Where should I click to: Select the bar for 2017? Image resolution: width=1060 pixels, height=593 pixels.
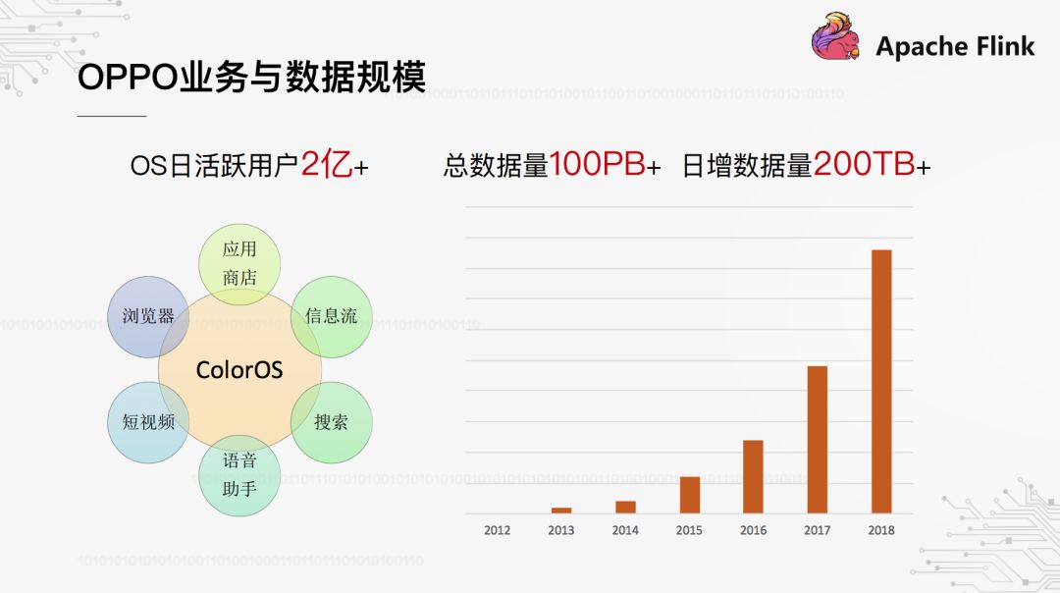click(818, 439)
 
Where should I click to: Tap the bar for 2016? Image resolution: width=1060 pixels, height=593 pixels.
click(753, 476)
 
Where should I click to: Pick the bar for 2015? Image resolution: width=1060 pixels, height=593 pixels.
click(690, 494)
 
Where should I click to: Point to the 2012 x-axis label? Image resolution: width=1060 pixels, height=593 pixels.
click(498, 530)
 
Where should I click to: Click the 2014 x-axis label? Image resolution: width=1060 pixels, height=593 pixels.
click(625, 530)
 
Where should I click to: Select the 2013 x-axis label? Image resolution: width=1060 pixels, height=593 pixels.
click(561, 530)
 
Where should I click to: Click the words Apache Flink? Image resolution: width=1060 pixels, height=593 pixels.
click(955, 46)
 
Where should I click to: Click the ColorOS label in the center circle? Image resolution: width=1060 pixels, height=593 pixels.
click(239, 370)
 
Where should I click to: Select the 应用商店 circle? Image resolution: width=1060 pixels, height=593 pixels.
click(239, 263)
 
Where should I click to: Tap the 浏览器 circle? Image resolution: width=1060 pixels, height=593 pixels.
click(148, 316)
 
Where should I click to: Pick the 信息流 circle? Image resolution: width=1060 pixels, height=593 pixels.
click(332, 316)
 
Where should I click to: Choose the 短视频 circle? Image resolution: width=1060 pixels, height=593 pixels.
click(148, 423)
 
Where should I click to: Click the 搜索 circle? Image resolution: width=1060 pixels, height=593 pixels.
click(332, 423)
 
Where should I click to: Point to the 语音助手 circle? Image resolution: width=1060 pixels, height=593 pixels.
click(239, 475)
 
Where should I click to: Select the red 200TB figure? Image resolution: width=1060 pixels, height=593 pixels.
click(864, 165)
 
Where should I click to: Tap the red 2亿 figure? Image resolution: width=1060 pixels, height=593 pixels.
click(326, 165)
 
